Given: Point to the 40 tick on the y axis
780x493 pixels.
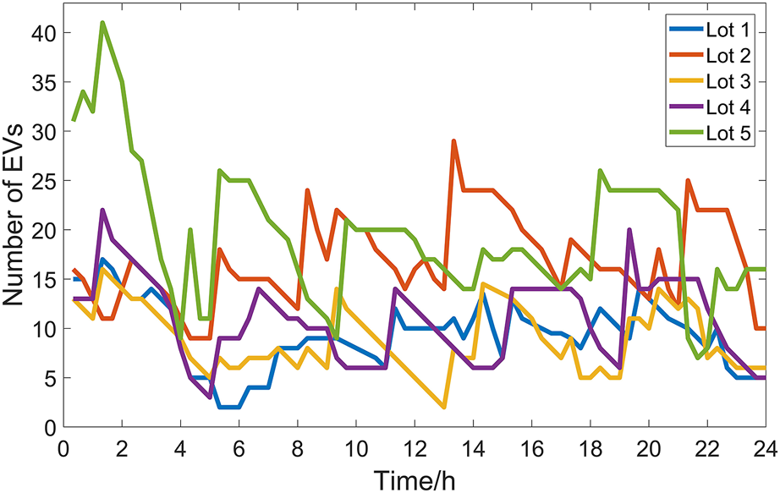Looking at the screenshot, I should [44, 33].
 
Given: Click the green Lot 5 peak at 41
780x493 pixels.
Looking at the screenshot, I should [102, 23].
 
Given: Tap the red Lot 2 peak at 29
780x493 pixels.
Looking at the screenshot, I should [454, 141].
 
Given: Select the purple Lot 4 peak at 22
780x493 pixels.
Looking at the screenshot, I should [102, 210].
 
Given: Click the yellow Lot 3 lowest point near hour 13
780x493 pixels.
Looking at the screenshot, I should [443, 407].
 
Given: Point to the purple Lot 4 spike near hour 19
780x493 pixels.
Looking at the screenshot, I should [629, 230].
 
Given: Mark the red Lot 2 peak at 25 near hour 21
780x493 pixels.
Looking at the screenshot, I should [688, 180].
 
